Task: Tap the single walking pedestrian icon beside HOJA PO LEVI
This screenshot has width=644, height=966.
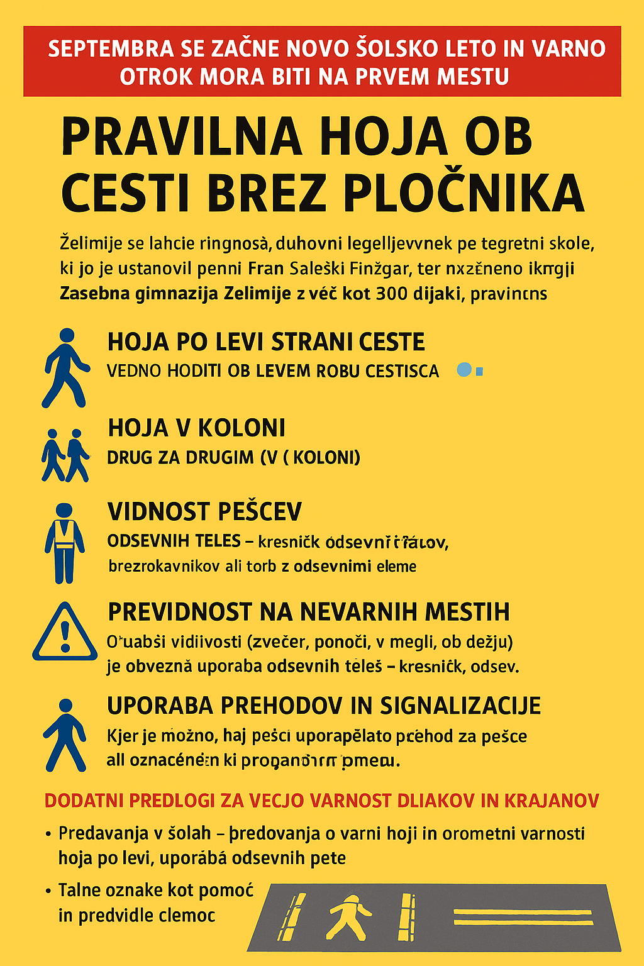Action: pos(64,368)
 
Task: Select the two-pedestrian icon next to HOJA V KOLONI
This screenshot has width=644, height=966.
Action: pos(65,455)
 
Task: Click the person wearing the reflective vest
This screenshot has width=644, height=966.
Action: pos(64,542)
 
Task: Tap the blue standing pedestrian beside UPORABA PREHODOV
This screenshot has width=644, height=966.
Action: pos(65,735)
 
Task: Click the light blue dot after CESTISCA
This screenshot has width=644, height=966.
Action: pos(464,370)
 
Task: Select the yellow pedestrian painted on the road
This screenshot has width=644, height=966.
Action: pos(348,916)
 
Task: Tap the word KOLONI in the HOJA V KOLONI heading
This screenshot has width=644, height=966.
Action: pos(241,428)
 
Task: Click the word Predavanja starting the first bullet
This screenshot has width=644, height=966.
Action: pos(103,833)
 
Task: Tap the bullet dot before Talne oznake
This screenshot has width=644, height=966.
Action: pos(48,891)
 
